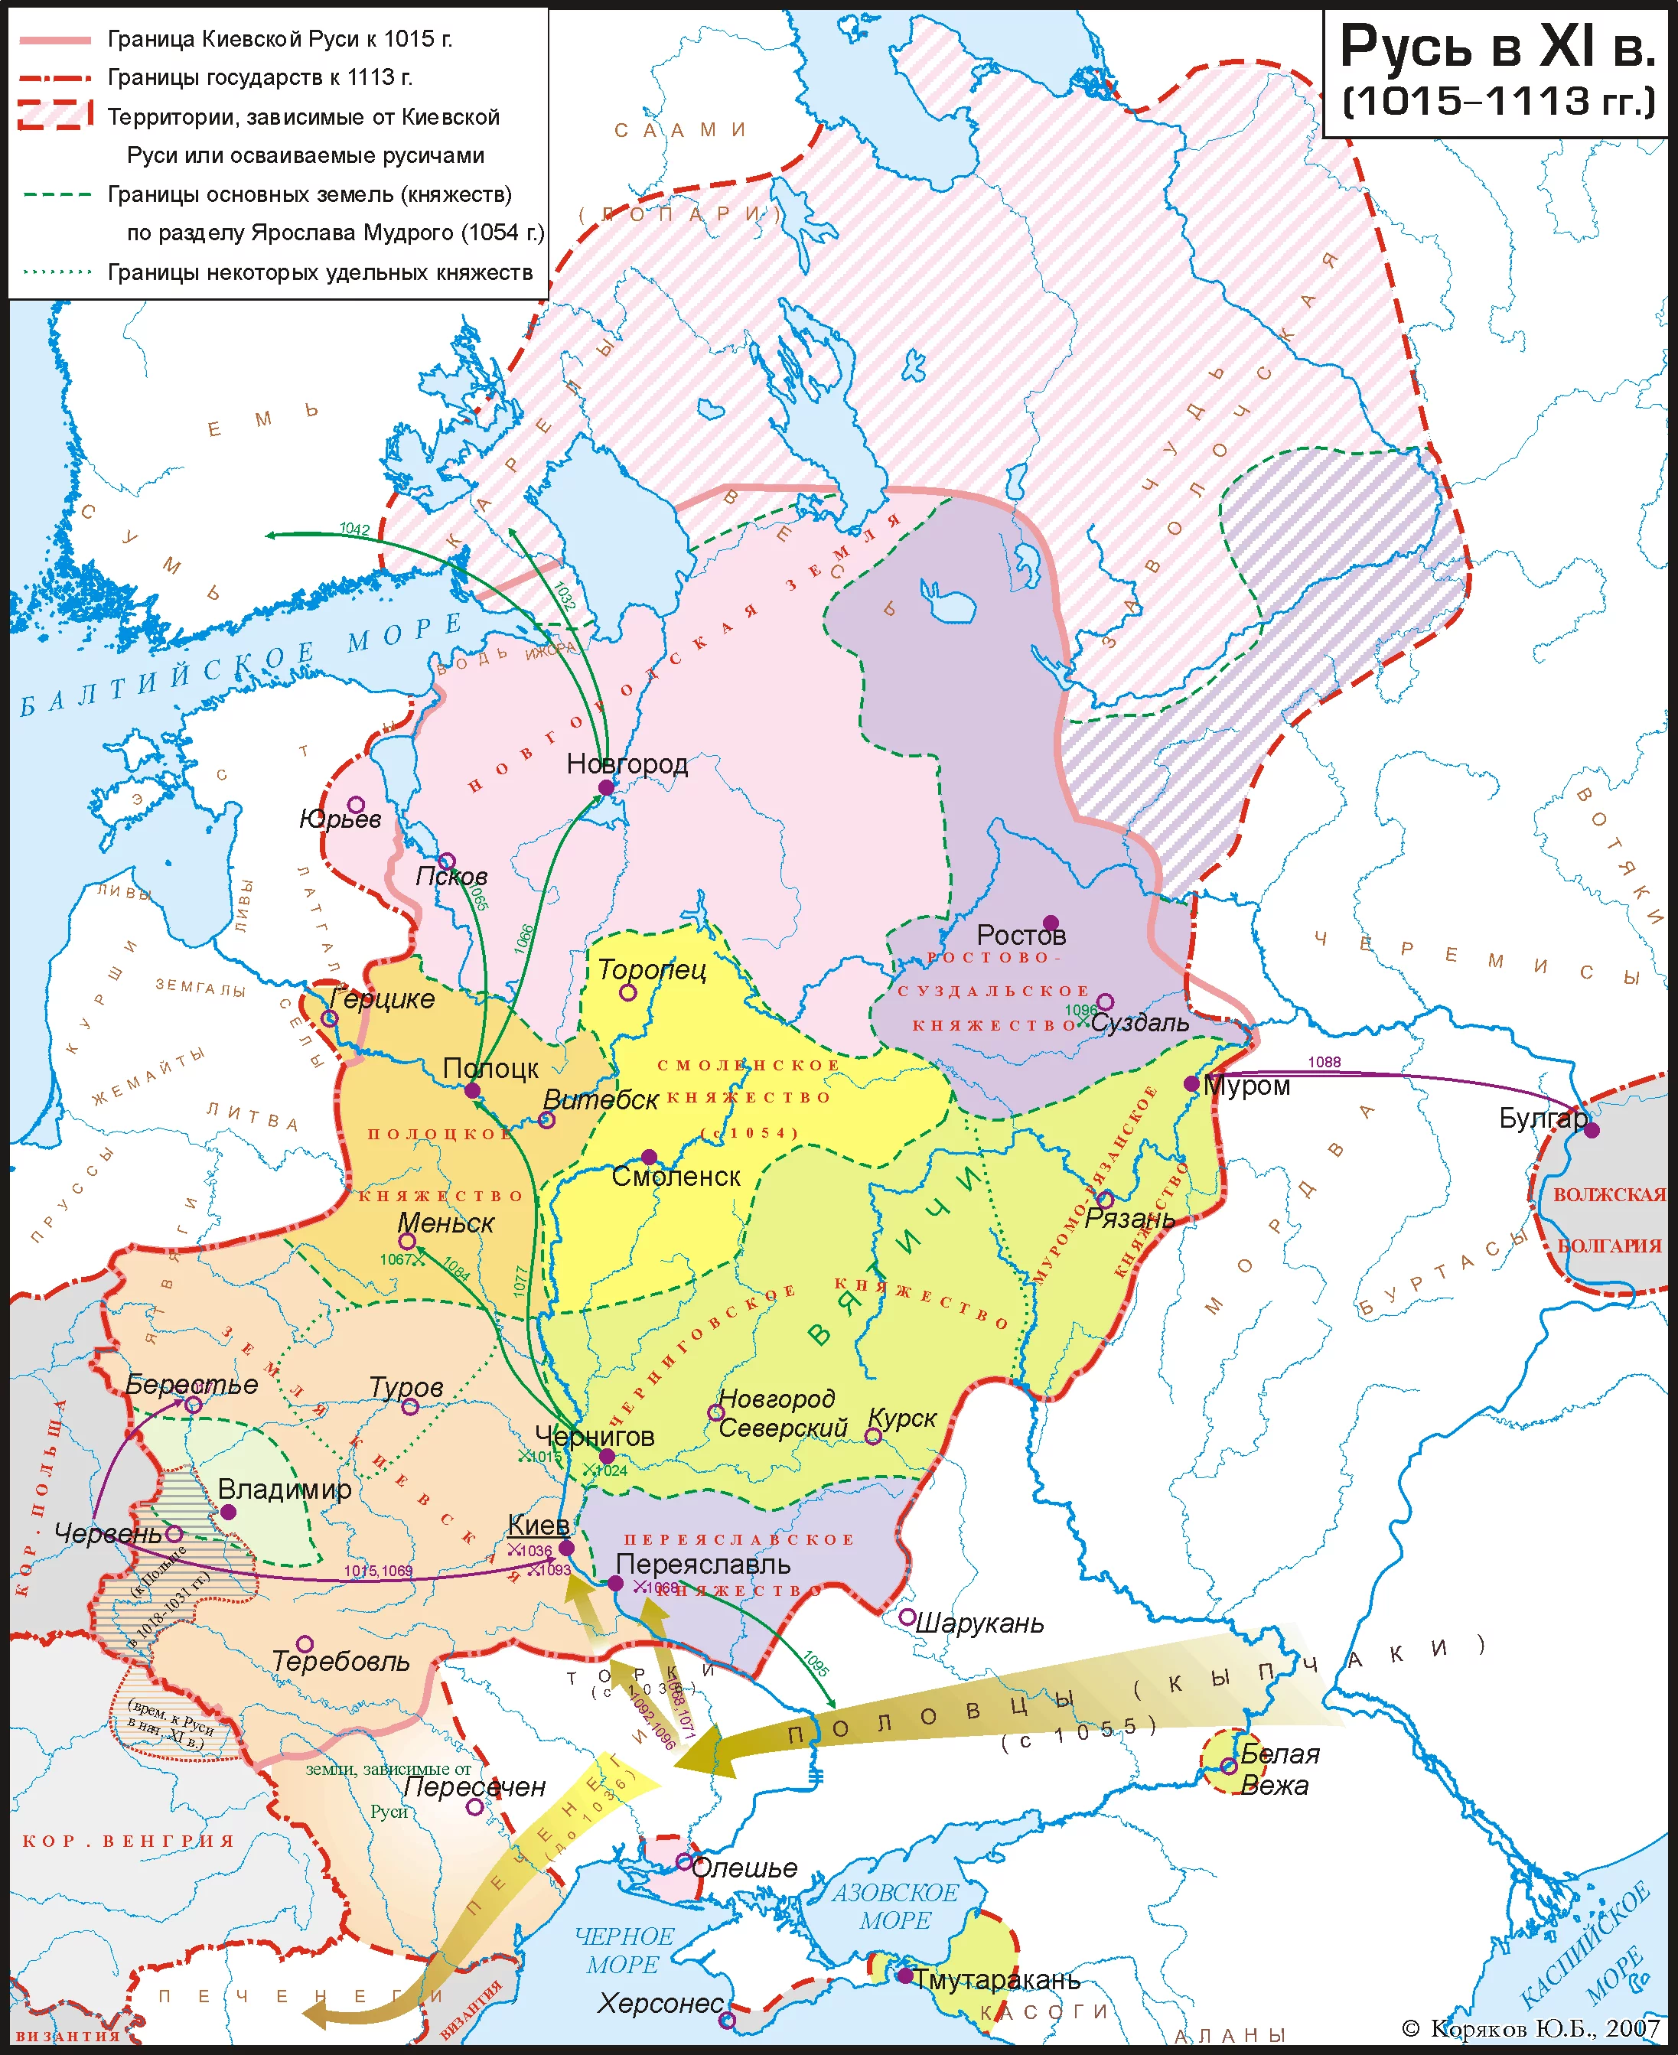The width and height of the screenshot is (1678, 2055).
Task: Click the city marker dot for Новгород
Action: (606, 788)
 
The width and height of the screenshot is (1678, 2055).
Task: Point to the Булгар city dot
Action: (1591, 1130)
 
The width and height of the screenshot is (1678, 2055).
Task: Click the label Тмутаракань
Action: (996, 1979)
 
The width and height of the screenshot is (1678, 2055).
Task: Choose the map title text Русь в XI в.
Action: (1498, 47)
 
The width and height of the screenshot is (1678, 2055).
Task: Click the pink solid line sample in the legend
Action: (55, 40)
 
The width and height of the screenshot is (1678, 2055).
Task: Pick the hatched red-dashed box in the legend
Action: (55, 116)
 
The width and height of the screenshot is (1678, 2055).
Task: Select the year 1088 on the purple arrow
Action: (1324, 1062)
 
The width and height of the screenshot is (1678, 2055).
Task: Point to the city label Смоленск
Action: (676, 1177)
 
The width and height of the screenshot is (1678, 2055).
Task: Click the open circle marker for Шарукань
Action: (907, 1617)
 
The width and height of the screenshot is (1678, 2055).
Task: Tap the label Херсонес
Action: (660, 2004)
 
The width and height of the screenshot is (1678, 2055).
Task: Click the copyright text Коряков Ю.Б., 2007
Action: (1537, 2028)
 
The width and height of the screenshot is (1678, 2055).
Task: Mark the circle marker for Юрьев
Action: (356, 805)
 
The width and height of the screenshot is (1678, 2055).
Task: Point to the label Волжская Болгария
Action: (1609, 1220)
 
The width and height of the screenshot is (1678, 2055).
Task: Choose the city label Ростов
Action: (1021, 935)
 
